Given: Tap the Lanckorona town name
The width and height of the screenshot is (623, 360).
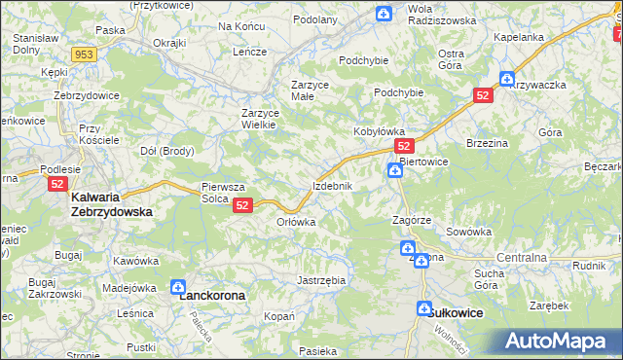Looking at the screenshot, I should (x=211, y=294).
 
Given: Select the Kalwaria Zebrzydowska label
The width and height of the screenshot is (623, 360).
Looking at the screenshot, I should (x=111, y=203).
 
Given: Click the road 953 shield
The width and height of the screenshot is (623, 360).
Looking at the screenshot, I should (x=84, y=54).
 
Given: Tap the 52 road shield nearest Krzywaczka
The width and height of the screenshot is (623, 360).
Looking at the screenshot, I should (x=485, y=95).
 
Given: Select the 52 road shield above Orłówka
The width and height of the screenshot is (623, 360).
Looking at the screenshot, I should (x=243, y=205).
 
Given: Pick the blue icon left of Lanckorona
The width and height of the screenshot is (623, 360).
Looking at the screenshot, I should (x=178, y=287).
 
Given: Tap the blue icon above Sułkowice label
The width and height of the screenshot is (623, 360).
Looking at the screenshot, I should (x=424, y=307).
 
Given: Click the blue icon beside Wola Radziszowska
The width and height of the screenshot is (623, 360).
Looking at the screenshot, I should (x=385, y=14).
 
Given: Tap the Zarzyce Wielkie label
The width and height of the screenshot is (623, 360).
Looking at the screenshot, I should (x=261, y=118).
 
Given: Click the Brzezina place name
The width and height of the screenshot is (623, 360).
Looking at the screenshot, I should (x=489, y=142).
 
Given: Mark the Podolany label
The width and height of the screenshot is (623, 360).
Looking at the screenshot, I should (x=314, y=19).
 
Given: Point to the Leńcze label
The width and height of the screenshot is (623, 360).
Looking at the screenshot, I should (x=249, y=52).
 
